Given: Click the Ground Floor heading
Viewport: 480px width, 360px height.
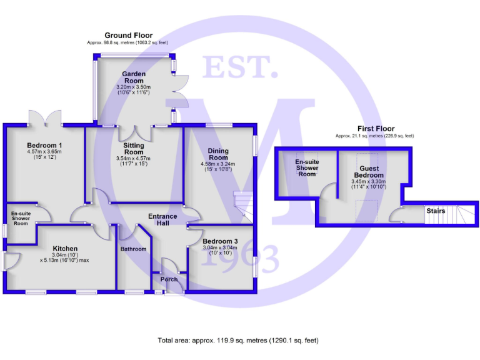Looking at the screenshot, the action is point(129,36).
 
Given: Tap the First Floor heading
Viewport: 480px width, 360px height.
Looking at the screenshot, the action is point(376,129).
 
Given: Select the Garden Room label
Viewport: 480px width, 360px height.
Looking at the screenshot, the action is point(134,77).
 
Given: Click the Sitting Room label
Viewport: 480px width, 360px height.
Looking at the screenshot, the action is point(134,149).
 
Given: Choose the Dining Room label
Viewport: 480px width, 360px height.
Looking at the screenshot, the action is point(218,154).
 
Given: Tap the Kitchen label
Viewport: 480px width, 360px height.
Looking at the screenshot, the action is point(65,249).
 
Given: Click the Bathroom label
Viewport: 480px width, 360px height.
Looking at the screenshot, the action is point(133,249).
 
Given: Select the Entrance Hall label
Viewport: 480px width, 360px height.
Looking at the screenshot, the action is point(162,220).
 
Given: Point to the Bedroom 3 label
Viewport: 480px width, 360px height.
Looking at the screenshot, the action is point(220,241).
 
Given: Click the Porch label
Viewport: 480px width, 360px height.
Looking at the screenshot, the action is point(169,279).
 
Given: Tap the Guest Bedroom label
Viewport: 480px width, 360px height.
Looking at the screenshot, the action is point(369,172).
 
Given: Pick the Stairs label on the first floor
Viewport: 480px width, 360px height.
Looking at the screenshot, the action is point(436,211).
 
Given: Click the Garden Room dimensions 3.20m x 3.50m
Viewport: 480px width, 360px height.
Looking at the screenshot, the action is point(134,87).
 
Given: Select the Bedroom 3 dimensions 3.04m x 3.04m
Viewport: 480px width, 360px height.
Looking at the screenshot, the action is point(220,247).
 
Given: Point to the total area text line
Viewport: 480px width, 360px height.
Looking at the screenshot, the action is point(238,341).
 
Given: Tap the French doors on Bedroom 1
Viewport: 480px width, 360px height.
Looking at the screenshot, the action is point(45,118).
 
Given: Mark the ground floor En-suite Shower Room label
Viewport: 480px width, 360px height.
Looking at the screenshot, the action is point(21,219).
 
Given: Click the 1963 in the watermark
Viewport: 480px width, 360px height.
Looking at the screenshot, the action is point(240,259).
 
